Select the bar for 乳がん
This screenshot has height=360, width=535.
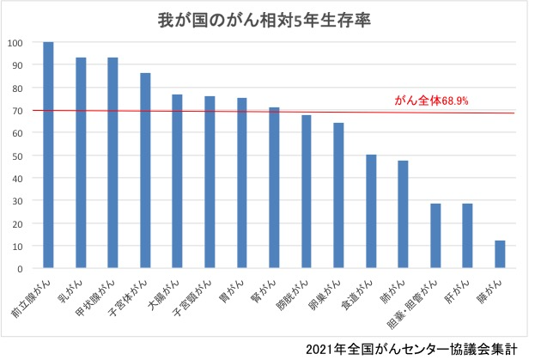(x=81, y=163)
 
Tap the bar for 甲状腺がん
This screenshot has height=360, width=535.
(x=112, y=163)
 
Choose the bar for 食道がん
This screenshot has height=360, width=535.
(x=371, y=211)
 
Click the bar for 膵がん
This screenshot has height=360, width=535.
(x=500, y=254)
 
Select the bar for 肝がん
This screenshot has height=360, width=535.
(x=467, y=236)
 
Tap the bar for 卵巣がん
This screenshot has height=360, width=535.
(x=338, y=196)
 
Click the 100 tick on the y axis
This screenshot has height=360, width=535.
(x=15, y=42)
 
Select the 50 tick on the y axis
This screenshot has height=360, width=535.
(x=18, y=156)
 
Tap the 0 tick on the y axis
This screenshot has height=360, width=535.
(x=21, y=269)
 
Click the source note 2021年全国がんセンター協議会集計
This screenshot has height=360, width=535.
(x=416, y=348)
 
